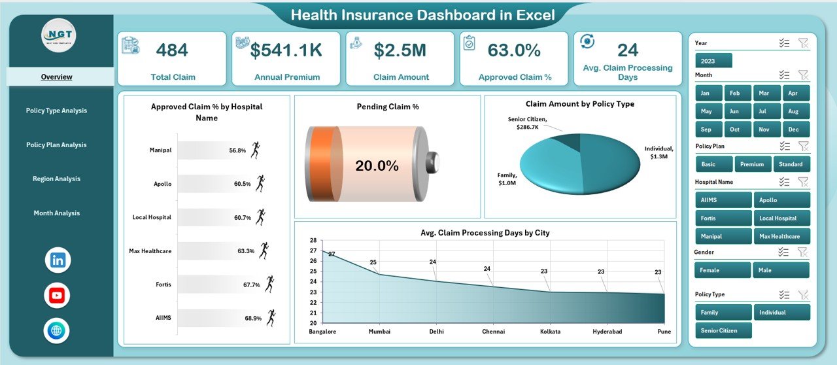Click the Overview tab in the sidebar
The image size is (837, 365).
56,77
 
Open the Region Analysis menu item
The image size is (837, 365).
56,179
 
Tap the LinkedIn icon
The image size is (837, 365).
58,260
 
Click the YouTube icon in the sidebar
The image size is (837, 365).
58,296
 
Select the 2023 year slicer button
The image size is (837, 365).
713,61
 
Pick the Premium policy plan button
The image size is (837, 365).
753,164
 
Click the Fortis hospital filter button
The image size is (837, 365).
723,218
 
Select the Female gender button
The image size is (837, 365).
723,270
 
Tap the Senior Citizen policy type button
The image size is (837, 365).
723,330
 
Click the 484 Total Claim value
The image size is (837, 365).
173,50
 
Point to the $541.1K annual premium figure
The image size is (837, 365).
287,50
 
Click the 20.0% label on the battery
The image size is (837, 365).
377,166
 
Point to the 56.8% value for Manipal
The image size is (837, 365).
237,150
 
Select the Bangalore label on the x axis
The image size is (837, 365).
322,332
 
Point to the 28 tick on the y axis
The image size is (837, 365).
313,240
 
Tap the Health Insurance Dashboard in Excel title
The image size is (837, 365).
422,15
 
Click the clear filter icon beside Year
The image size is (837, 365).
804,43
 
